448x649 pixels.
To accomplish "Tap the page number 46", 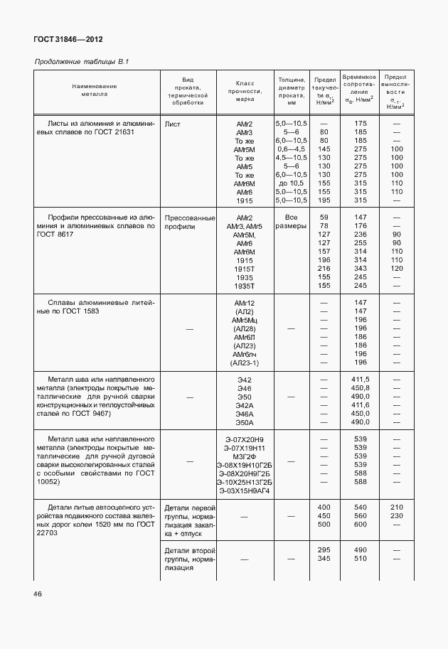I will coord(38,594).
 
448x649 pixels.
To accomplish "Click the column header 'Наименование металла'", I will coord(94,90).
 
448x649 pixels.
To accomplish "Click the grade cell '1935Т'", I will coord(245,286).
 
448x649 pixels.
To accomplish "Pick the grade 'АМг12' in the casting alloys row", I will coord(245,303).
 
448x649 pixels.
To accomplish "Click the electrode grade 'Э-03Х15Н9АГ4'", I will coord(245,491).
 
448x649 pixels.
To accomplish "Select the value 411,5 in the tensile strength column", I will coord(361,380).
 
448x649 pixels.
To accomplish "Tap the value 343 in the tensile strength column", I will coord(361,269).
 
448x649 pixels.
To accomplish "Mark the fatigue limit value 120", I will coord(396,269).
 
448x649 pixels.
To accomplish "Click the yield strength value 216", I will coord(324,269).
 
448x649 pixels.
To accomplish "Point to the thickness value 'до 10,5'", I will coord(291,183).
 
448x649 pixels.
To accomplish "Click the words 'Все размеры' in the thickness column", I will coord(291,222).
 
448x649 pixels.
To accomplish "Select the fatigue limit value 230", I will coord(396,516).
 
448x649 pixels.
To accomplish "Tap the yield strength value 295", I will coord(324,550).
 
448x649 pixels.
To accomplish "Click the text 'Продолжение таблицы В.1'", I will coord(81,63).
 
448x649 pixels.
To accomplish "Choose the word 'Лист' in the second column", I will coord(172,124).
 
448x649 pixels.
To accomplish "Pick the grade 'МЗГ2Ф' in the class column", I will coord(245,457).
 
